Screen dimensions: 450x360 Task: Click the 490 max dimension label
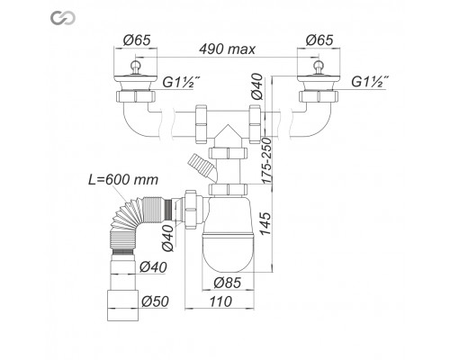point(228,49)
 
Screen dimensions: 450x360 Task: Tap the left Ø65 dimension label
point(137,40)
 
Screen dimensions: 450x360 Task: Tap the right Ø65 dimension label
point(319,40)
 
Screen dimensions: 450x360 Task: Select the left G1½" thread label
point(181,82)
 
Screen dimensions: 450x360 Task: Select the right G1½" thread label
point(370,81)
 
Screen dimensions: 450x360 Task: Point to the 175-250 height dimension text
point(266,160)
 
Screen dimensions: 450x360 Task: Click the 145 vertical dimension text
point(265,224)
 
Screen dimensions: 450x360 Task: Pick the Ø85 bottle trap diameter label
point(228,283)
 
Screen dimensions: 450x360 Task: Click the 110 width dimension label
point(220,301)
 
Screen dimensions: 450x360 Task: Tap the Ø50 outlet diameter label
point(155,301)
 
